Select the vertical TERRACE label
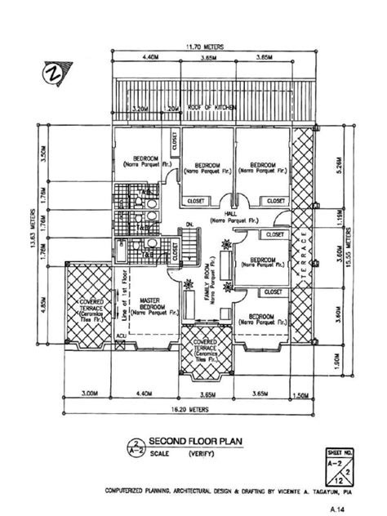(303, 244)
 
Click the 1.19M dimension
(337, 219)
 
